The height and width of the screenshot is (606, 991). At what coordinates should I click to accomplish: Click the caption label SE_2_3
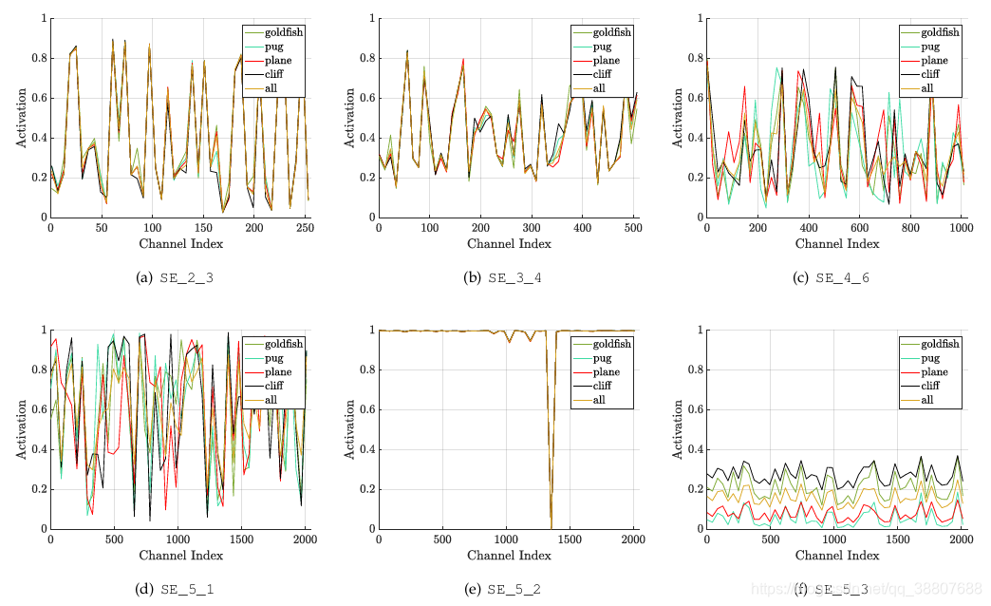coord(187,277)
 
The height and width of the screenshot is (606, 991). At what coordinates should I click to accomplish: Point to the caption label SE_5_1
coord(187,589)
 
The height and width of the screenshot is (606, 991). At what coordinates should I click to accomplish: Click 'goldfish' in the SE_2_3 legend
coord(280,32)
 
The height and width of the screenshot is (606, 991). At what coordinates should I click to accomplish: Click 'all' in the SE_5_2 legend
coord(599,400)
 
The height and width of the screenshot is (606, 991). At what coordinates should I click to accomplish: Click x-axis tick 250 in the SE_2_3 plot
coord(305,228)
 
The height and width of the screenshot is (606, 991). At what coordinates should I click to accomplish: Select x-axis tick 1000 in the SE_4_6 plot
coord(961,228)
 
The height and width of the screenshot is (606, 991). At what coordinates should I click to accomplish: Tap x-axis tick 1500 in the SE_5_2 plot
coord(570,540)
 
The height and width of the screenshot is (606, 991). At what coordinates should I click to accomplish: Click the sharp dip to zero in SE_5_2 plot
coord(552,526)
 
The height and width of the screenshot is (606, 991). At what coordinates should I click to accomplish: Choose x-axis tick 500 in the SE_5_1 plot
coord(114,540)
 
